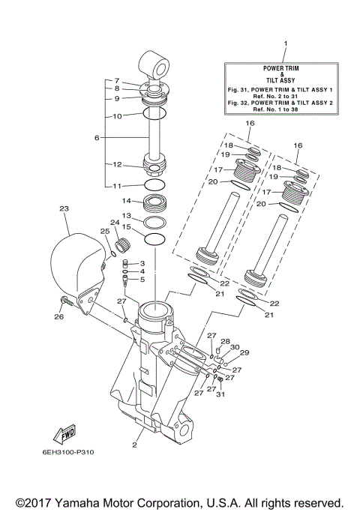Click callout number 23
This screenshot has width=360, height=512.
(64, 208)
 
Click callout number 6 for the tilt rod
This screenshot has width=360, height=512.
(97, 138)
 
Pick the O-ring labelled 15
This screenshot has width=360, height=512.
(154, 240)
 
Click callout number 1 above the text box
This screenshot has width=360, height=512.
(284, 44)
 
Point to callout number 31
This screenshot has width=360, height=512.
(220, 396)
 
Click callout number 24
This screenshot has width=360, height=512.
(115, 222)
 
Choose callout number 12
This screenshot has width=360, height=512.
(117, 164)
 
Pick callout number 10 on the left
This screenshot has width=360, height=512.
(117, 116)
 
